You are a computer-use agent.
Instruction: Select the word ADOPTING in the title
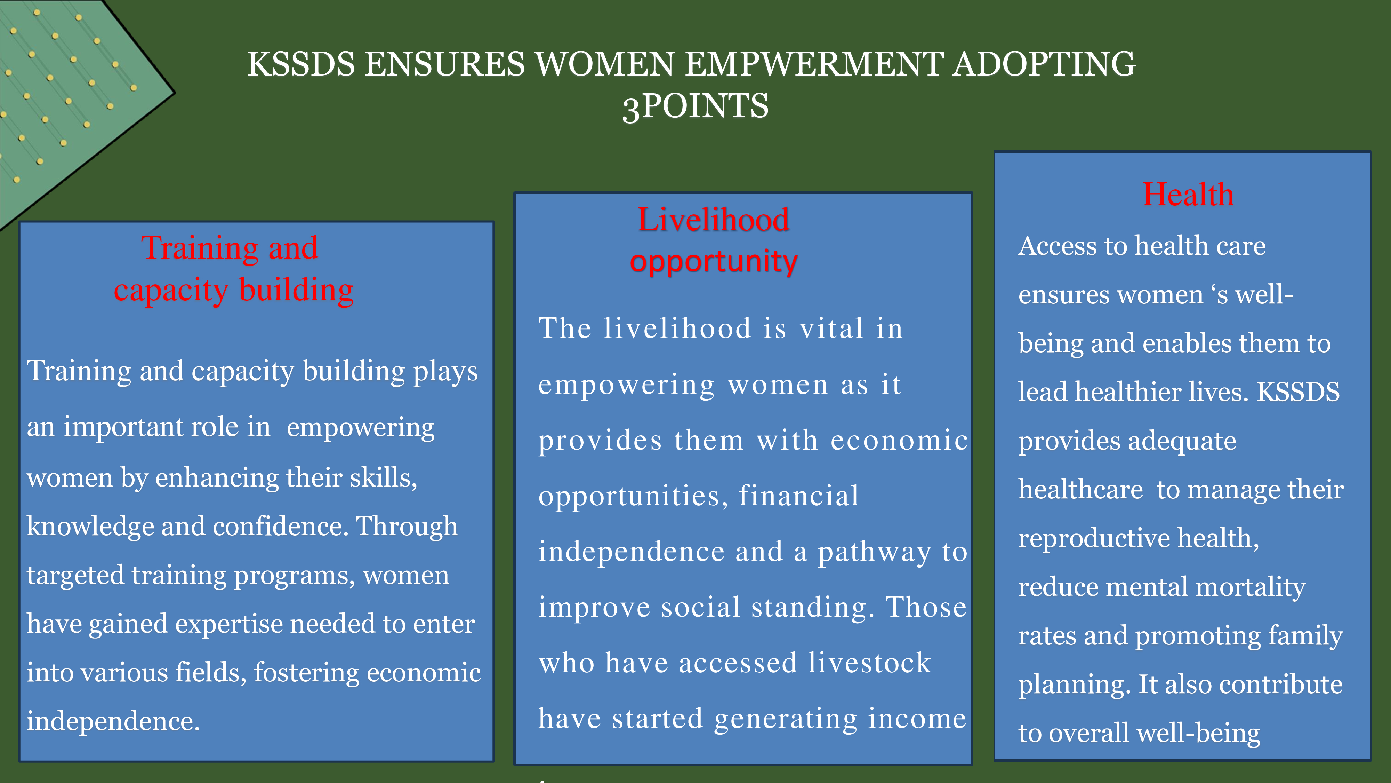1044,64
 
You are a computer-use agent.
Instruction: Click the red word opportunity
713,262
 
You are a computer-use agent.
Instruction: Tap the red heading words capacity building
234,291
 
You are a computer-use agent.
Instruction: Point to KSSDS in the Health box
1298,392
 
